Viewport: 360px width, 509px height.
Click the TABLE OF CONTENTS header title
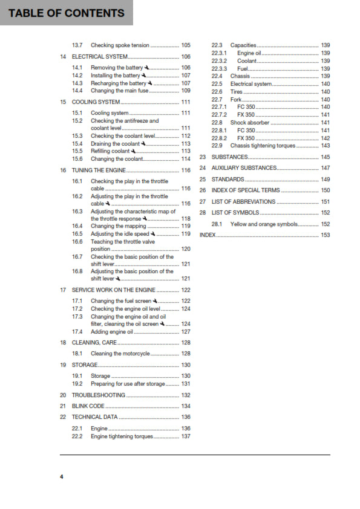coord(66,13)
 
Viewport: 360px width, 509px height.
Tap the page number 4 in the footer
coord(61,477)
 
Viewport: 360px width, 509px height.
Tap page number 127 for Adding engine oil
coord(186,331)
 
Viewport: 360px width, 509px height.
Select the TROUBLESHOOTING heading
coord(98,395)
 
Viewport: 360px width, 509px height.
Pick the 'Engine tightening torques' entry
coord(122,436)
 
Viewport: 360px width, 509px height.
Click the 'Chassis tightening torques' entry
coord(263,146)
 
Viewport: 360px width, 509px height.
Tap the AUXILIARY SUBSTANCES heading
coord(244,168)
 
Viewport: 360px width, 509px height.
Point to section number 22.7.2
coord(218,115)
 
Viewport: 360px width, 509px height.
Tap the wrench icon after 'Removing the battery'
coord(148,68)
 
